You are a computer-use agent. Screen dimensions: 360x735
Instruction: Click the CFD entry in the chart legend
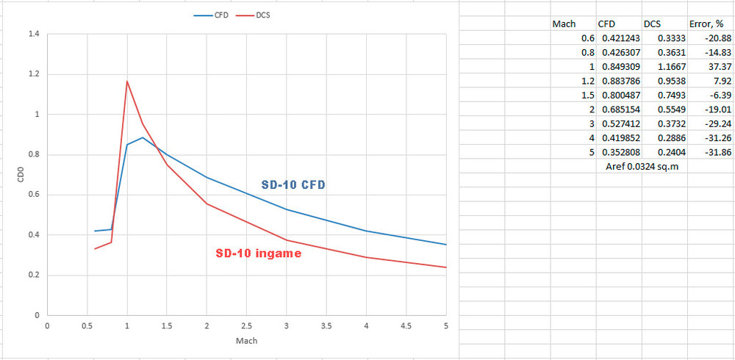point(212,15)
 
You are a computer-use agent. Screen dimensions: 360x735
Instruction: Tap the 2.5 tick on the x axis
point(246,325)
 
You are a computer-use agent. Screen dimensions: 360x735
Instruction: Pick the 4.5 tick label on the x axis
point(406,325)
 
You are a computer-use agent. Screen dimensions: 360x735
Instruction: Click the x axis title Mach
point(246,342)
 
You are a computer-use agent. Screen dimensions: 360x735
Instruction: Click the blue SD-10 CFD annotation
point(293,185)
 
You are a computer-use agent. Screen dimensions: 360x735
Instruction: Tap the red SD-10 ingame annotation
point(258,253)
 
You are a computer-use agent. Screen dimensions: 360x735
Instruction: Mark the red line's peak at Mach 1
point(127,82)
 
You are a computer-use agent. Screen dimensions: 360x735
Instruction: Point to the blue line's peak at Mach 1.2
point(143,137)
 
